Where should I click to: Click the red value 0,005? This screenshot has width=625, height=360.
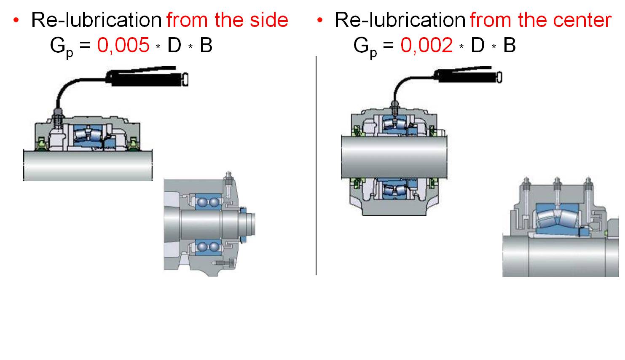pos(123,45)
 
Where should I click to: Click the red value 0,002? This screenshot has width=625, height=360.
pos(427,45)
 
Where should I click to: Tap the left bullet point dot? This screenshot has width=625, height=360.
pos(16,20)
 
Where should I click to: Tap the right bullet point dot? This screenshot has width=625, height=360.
pos(320,20)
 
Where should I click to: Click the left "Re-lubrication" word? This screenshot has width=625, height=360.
pos(96,20)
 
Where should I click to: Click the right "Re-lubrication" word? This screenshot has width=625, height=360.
pos(400,20)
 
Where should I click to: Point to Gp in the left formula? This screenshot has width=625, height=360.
pos(62,46)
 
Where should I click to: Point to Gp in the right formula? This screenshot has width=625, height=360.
pos(365,46)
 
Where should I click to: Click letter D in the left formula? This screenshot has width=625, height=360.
pos(174,45)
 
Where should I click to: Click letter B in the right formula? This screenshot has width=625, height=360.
pos(510,45)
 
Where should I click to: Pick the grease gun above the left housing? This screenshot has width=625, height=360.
pos(148,76)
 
